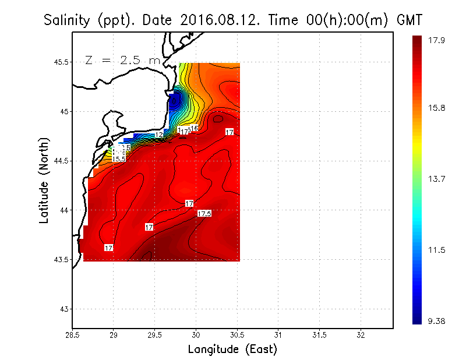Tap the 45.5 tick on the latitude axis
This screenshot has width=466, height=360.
[x=59, y=62]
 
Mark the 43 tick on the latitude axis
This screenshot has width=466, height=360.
[x=63, y=309]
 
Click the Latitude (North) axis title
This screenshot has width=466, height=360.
[x=44, y=179]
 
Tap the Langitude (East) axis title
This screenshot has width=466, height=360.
[x=232, y=350]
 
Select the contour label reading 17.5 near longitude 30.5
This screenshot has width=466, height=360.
[x=204, y=214]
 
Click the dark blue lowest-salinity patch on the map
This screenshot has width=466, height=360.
[x=174, y=100]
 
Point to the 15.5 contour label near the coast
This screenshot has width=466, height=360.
[x=119, y=158]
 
